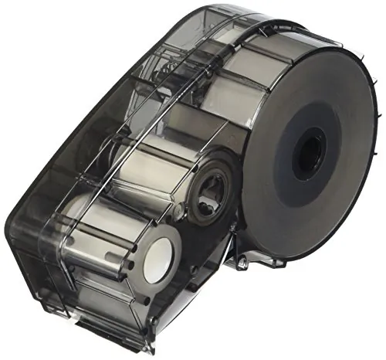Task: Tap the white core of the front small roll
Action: click(x=158, y=259)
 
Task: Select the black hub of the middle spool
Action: click(x=208, y=185)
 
